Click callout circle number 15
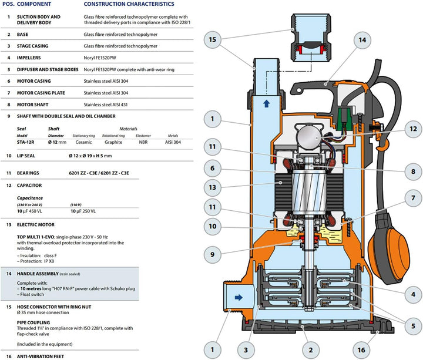213,40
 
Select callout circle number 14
362,41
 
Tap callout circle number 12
414,129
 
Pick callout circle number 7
414,198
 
